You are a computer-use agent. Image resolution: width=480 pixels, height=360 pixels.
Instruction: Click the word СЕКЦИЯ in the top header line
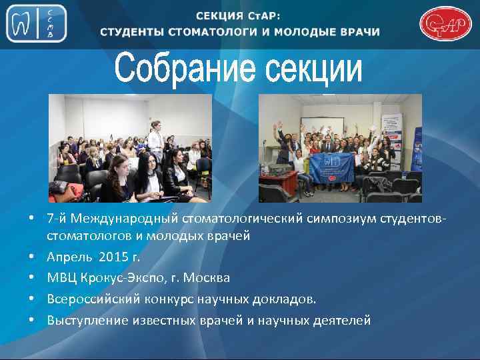(x=223, y=15)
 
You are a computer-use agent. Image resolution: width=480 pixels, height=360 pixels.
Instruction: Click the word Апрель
(x=69, y=257)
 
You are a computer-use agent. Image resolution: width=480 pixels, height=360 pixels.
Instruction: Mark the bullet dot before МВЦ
(x=31, y=278)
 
